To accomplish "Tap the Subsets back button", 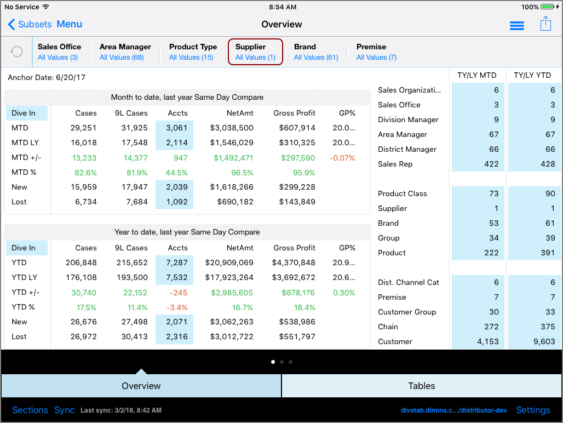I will coord(30,24).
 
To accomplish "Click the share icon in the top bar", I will coord(545,24).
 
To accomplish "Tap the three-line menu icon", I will coord(516,26).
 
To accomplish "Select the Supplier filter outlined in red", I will coord(255,52).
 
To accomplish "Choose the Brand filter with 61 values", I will coord(315,52).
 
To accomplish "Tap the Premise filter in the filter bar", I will coord(376,52).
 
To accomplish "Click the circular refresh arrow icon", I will coord(17,52).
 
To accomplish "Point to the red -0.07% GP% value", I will coord(342,158).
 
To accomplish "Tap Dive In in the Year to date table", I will coord(24,248).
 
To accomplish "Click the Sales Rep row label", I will coord(395,164).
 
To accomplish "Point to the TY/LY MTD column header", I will coord(477,75).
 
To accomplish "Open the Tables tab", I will coord(422,386).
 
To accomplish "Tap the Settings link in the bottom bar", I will coord(533,410).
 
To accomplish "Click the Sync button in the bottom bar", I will coord(65,410).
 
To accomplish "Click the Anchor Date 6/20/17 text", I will coord(47,77).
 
